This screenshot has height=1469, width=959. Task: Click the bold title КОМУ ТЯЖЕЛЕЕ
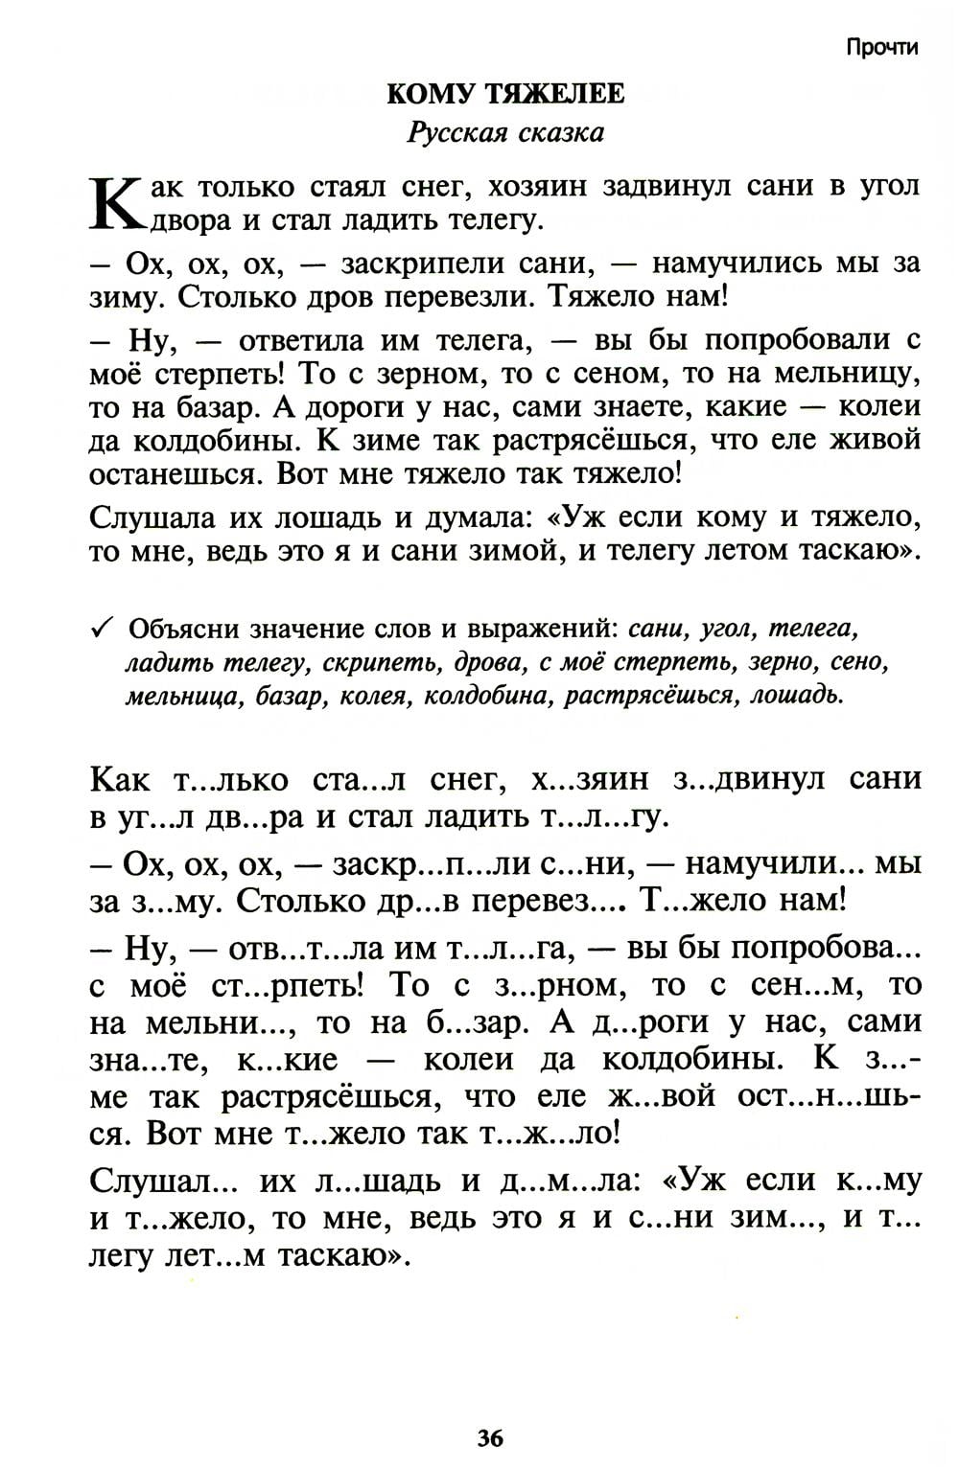(x=505, y=94)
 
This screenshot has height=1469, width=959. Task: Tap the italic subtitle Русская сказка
(x=505, y=132)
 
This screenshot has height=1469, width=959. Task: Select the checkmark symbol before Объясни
(x=102, y=628)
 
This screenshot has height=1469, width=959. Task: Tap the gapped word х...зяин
(x=579, y=780)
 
